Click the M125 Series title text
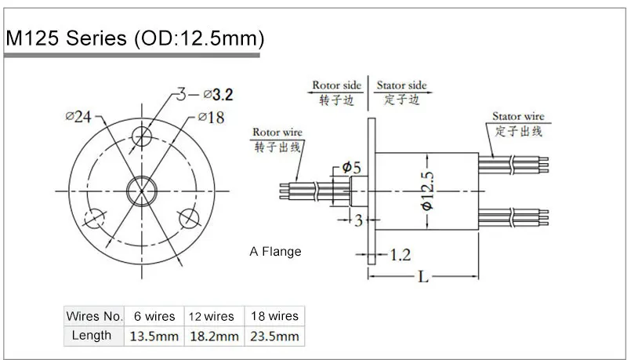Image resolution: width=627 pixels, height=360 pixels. (134, 38)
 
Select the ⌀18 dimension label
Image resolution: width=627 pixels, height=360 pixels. (210, 118)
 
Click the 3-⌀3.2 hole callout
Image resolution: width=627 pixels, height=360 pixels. (202, 95)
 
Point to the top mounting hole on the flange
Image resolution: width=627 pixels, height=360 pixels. (142, 136)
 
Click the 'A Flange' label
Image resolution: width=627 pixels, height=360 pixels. (275, 252)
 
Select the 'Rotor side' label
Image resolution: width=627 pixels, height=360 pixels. (337, 85)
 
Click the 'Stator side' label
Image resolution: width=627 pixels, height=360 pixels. (401, 85)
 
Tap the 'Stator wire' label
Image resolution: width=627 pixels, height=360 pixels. (518, 116)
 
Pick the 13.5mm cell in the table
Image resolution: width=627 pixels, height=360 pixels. (154, 336)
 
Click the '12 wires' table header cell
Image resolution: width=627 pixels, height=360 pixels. (212, 316)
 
